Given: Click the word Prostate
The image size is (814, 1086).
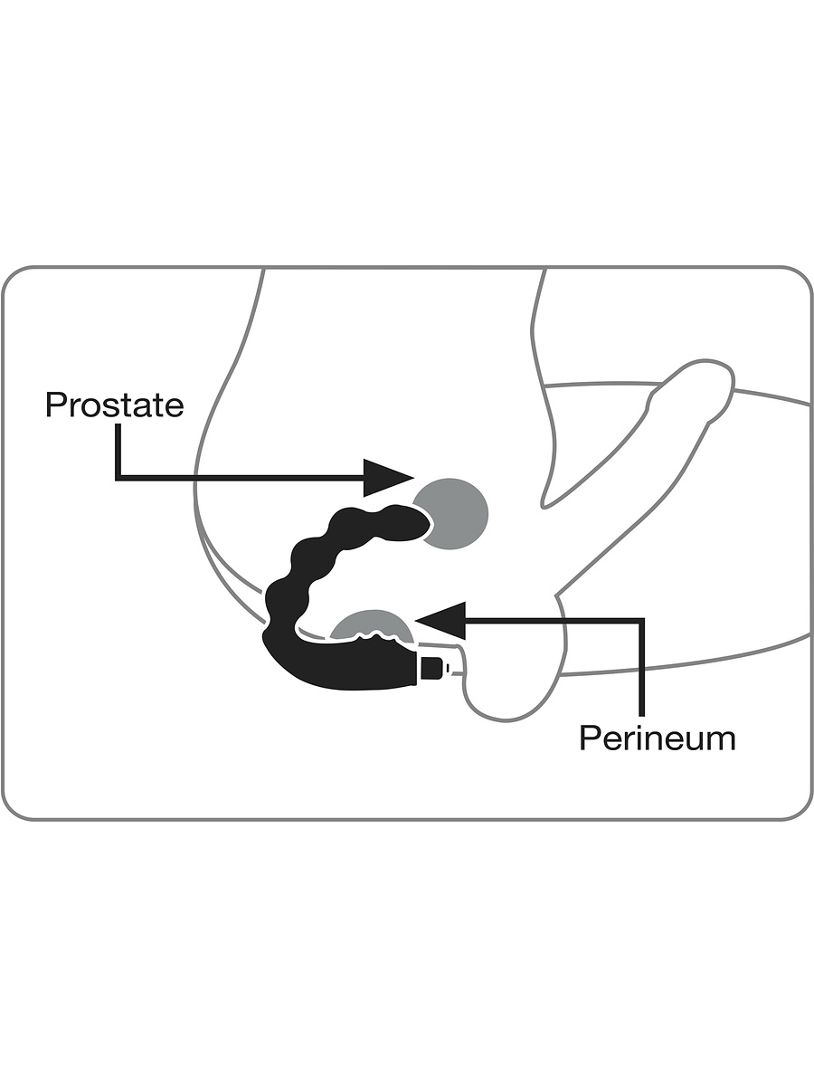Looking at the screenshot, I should tap(114, 405).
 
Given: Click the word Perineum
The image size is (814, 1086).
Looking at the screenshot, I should tap(657, 738).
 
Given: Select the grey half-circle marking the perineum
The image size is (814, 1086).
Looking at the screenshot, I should tap(369, 624).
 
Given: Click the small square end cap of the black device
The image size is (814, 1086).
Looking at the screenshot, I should tap(434, 669).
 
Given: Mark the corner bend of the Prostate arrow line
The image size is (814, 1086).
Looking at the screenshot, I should tap(118, 477).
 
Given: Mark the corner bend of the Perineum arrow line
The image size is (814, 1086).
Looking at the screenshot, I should tap(643, 621).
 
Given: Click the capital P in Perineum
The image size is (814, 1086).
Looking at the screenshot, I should tap(590, 738).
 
